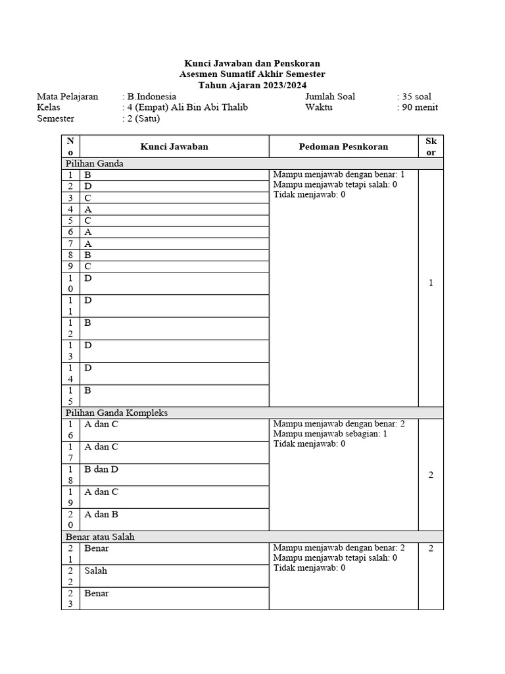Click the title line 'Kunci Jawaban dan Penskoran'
[x=252, y=64]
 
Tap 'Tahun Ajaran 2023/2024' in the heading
[x=252, y=86]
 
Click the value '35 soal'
[x=416, y=97]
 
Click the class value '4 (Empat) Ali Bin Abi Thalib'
[x=187, y=107]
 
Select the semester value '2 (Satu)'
[x=144, y=118]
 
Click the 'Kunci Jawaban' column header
[x=174, y=147]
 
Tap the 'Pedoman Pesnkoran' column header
[x=343, y=147]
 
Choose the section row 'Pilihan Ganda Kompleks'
[x=116, y=413]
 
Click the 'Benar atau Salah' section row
[x=99, y=536]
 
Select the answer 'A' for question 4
[x=88, y=209]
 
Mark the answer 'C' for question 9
[x=88, y=266]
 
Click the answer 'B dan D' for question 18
[x=101, y=470]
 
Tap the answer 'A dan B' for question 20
[x=101, y=515]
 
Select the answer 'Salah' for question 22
[x=95, y=571]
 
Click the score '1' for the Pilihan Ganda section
[x=431, y=283]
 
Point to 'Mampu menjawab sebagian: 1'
[x=330, y=434]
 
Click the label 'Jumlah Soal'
[x=330, y=97]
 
